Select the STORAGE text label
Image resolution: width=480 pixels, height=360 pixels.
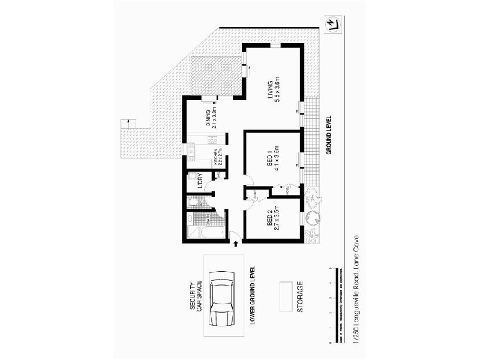pyautogui.click(x=300, y=297)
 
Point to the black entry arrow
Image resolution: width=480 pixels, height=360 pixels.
pyautogui.click(x=235, y=243)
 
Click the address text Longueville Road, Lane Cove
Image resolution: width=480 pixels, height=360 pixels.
pyautogui.click(x=356, y=289)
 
